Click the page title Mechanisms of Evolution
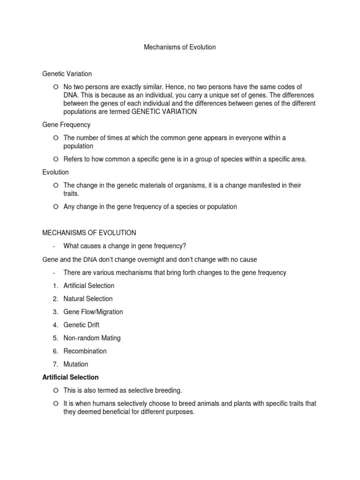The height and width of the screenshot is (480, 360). point(180,47)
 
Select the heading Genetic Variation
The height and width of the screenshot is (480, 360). point(67,74)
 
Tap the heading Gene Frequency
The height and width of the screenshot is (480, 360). point(66,125)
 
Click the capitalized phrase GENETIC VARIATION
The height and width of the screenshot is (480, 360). point(165,112)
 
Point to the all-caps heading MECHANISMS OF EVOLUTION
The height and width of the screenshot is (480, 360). point(89,232)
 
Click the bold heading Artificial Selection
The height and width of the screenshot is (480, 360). point(70,377)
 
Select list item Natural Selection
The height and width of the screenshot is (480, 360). point(88,299)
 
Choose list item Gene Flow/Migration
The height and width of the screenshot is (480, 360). point(93,312)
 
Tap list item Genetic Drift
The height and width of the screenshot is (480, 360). point(82,325)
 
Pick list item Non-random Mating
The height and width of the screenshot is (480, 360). point(92,338)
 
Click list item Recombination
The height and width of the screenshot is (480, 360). point(85,351)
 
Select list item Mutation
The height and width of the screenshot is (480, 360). point(76,364)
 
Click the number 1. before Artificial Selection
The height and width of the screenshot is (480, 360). point(55,285)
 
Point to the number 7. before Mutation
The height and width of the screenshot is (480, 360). point(55,364)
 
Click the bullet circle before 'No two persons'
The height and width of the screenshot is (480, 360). point(55,87)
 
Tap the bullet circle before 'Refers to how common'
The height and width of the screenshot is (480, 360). point(55,159)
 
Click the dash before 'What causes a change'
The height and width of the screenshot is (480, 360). point(54,247)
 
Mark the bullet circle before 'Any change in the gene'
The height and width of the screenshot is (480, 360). point(55,207)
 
